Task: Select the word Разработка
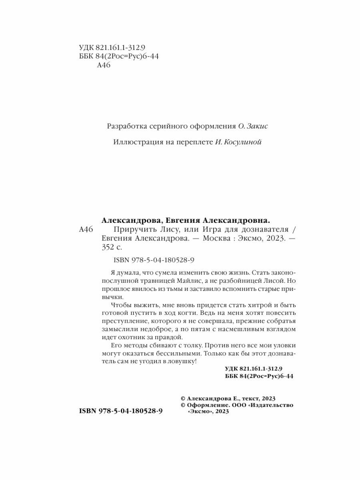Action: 125,126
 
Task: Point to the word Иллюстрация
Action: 134,142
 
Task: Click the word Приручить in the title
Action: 131,230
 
